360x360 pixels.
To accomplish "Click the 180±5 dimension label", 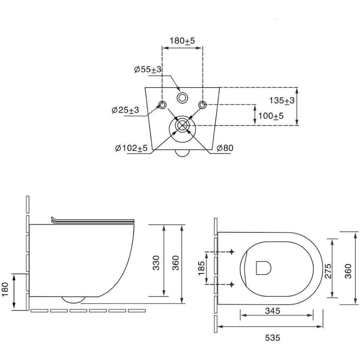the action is click(x=182, y=41).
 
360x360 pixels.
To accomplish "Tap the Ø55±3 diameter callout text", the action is click(x=148, y=69).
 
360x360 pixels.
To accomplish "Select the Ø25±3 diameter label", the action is click(x=125, y=110).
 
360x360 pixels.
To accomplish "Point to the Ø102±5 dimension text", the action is click(x=132, y=148).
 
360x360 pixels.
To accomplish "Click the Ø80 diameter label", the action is click(x=225, y=148).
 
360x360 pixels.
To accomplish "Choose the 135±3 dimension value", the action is click(x=282, y=101).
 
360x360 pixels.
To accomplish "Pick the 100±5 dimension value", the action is click(x=271, y=116).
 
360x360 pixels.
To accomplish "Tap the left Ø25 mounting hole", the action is click(x=162, y=105).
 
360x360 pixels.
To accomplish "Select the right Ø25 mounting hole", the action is click(x=202, y=105).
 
